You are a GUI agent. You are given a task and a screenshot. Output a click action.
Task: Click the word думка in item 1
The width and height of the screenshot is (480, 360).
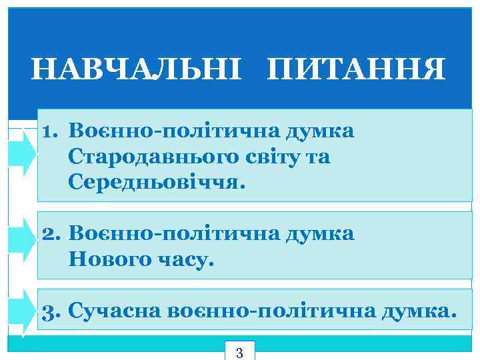click(319, 131)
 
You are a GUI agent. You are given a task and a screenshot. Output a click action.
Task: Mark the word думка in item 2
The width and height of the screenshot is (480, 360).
click(319, 234)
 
